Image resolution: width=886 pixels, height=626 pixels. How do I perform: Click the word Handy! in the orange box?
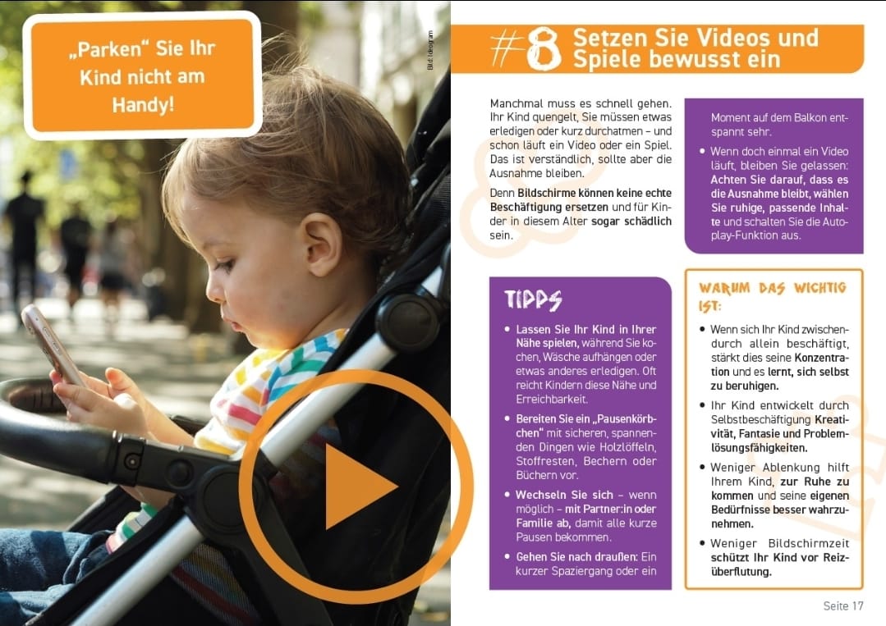(143, 105)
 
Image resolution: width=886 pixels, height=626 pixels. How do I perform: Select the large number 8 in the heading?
(543, 50)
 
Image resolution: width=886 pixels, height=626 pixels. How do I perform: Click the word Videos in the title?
(734, 38)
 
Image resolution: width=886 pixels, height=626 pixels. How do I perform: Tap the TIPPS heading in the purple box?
(533, 299)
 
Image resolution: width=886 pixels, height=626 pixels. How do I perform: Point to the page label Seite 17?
(842, 606)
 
